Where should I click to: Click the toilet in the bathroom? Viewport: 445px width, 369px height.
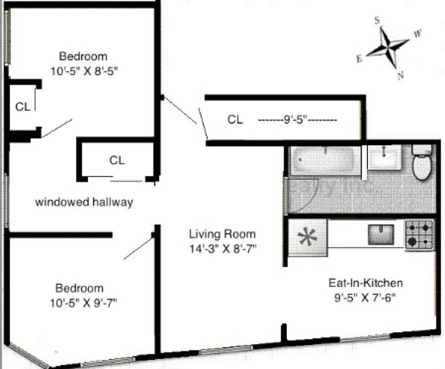pos(421,165)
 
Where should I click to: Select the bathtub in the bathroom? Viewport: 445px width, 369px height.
pos(325,160)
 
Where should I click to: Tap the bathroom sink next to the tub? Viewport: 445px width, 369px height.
pos(384,158)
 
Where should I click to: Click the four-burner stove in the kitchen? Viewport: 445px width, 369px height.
pos(420,234)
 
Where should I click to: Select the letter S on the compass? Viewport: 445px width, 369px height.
pos(377,20)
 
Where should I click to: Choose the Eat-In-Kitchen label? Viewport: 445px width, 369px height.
pos(365,283)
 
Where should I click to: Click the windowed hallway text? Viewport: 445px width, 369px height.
pos(84,202)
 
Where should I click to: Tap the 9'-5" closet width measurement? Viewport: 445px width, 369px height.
pos(297,120)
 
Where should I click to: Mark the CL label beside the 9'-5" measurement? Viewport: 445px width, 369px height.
pos(235,120)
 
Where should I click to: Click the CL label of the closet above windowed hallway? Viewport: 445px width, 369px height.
pos(117,160)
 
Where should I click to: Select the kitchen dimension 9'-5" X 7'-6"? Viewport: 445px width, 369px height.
pos(365,298)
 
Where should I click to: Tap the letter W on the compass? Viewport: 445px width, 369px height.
pos(417,33)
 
